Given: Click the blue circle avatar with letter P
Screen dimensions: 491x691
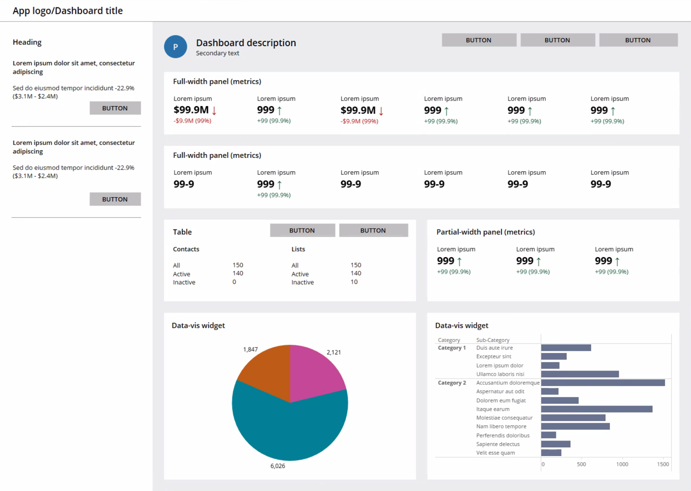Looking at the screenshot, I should [x=175, y=47].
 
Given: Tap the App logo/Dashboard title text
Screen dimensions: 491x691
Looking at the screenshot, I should [x=68, y=11].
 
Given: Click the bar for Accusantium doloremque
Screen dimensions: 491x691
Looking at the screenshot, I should [x=602, y=383].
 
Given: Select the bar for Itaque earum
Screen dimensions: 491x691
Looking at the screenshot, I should [x=596, y=409].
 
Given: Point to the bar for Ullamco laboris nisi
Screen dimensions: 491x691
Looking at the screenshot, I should [x=580, y=374].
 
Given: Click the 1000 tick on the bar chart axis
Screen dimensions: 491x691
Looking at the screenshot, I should [x=622, y=464].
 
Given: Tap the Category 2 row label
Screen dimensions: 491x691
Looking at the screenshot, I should [x=452, y=383].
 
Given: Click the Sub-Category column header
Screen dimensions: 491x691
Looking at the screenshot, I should [x=493, y=340].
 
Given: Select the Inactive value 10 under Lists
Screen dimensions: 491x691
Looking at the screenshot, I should [x=354, y=282].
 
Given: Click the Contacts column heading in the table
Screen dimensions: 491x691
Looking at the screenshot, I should [x=186, y=249].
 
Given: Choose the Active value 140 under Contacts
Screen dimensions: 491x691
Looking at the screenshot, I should [x=238, y=273].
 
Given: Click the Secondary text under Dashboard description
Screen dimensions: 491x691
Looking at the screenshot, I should [x=217, y=53].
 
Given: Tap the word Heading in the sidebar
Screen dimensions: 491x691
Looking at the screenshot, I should [x=27, y=42].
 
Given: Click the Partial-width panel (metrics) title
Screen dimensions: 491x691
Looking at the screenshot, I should [x=485, y=232].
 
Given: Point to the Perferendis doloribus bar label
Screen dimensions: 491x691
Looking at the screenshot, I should [x=503, y=435].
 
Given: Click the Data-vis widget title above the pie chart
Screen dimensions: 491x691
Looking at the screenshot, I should [x=198, y=325].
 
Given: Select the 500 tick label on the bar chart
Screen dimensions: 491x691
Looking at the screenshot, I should [x=581, y=464].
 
